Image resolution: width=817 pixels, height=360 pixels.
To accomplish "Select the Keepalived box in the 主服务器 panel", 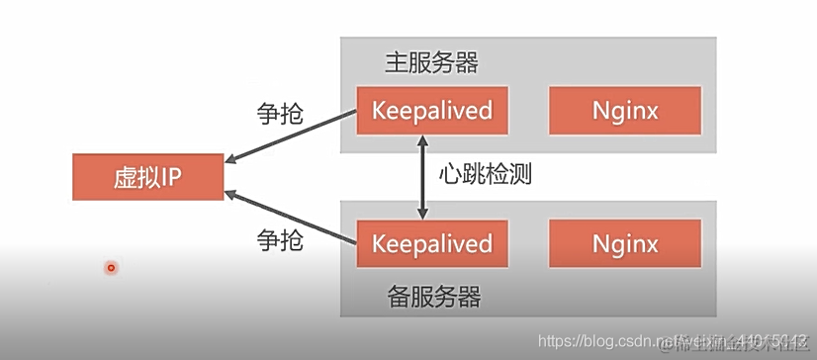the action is [x=432, y=110].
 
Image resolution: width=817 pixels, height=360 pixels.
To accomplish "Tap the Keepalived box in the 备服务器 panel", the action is [x=432, y=243].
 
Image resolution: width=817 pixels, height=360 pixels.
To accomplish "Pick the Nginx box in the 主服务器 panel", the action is [x=625, y=110].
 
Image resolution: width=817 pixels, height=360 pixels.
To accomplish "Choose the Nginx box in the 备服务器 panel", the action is [x=625, y=243].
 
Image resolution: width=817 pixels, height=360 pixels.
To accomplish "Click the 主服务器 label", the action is [x=431, y=62].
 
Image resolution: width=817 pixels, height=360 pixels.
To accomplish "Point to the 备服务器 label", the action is [x=431, y=295].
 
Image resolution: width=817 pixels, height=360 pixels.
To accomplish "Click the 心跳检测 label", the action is [x=486, y=175].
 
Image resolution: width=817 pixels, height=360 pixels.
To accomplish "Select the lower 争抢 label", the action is [x=280, y=238].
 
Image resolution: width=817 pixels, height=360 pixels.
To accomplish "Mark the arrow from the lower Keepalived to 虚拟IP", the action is [x=292, y=217].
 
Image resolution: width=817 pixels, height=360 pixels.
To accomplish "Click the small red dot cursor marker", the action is [x=112, y=267].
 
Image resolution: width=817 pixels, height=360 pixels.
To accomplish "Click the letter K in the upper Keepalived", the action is [x=379, y=110].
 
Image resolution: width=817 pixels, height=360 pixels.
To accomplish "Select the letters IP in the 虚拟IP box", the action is [x=171, y=177].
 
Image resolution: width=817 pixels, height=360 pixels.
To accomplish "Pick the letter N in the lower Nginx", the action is [x=600, y=243].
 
